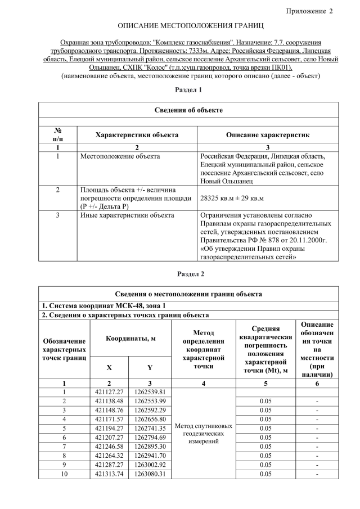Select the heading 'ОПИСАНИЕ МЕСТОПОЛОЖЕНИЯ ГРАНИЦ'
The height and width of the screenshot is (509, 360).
point(190,26)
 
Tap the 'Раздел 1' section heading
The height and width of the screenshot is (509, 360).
point(190,90)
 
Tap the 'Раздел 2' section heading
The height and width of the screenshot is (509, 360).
point(190,274)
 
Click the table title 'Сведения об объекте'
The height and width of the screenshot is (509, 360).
point(188,110)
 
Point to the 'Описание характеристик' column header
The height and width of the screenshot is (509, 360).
point(267,135)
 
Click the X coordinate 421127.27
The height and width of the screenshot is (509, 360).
point(109,391)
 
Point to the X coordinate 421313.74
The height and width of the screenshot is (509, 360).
point(109,474)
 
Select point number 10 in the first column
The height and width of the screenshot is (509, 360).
point(64,474)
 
